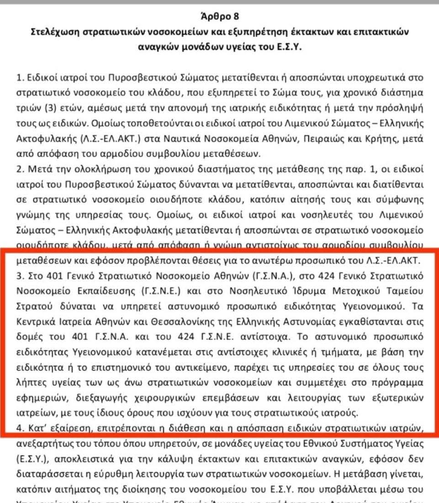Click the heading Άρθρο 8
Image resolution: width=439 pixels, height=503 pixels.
[220, 18]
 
